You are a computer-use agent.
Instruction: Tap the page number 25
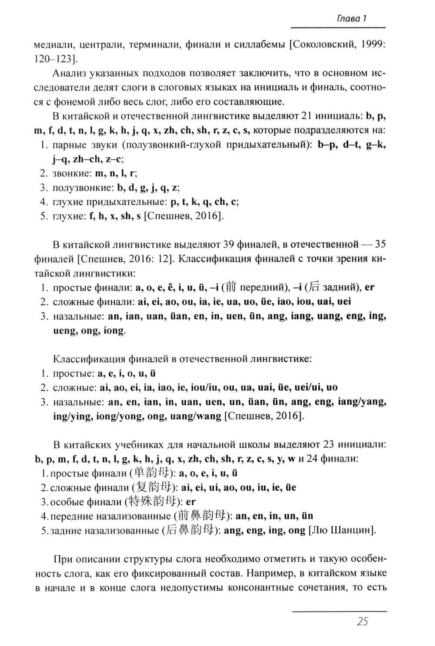[362, 622]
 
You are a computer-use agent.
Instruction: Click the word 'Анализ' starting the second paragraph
[71, 73]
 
